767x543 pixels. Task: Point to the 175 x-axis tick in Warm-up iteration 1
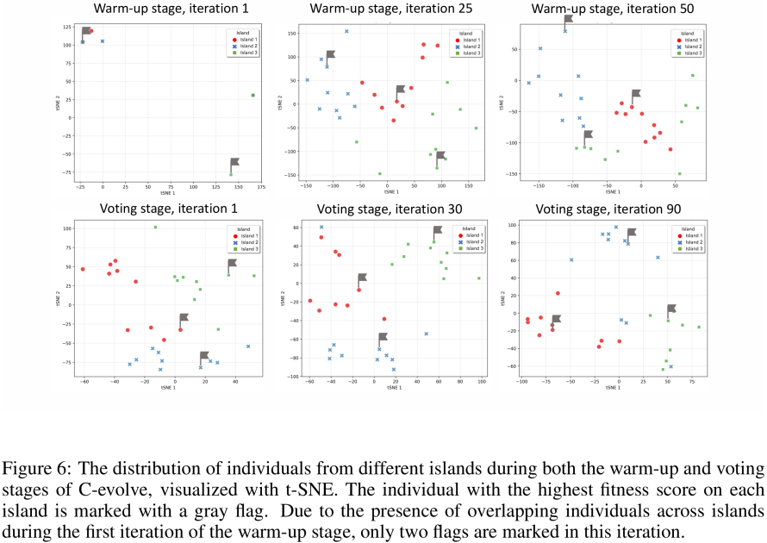coord(261,186)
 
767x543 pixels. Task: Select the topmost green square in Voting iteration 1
coord(155,228)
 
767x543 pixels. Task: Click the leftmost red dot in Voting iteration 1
coord(83,269)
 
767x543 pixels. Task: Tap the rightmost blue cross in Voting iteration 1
coord(248,346)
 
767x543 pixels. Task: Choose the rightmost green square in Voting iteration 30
coord(479,278)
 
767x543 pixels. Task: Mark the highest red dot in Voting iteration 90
coord(558,293)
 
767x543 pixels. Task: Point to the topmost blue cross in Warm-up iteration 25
coord(346,31)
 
